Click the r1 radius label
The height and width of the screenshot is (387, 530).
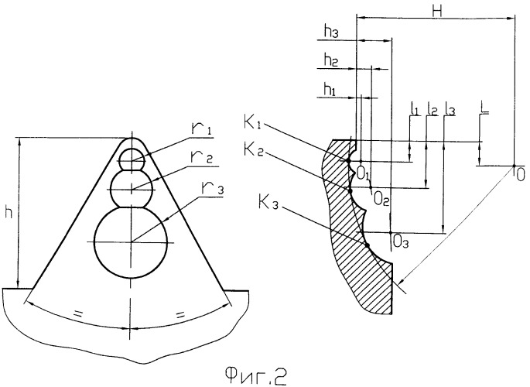201,129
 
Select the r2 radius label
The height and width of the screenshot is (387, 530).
202,157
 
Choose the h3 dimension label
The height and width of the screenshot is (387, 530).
331,32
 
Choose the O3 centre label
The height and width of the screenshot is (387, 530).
401,241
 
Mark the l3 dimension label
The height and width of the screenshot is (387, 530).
450,109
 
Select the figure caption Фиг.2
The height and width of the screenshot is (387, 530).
255,375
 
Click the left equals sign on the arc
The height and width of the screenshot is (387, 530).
78,313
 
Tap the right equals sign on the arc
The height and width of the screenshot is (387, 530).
180,314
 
